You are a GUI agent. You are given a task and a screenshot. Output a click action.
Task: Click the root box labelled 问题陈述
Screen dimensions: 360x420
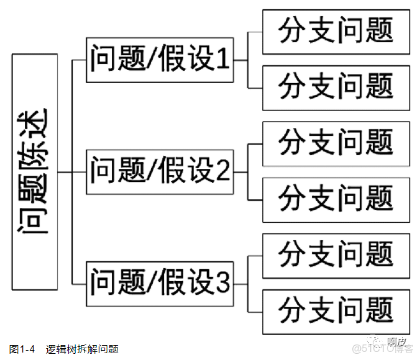(x=35, y=172)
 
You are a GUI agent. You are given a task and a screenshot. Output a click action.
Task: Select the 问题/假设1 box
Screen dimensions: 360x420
(x=160, y=60)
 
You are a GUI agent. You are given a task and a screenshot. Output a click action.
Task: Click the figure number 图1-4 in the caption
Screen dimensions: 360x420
(x=22, y=349)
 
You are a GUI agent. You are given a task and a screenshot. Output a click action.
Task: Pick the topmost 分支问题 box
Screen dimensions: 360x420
(x=336, y=32)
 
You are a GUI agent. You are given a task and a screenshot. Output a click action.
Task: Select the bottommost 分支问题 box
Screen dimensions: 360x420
(x=336, y=310)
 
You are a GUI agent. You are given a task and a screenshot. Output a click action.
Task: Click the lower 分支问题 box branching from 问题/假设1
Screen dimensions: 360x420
(x=336, y=87)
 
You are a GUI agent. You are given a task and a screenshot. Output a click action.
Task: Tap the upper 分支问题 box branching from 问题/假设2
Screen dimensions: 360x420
(x=336, y=143)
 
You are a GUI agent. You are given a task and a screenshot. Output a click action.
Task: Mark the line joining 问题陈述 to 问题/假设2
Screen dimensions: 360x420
(x=71, y=172)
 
